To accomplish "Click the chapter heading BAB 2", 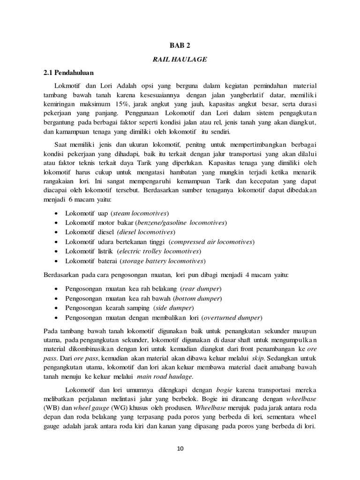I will (180, 45).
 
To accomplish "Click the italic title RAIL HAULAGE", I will (180, 60).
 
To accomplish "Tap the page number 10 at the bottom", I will (180, 448).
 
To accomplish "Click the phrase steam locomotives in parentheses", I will (140, 213).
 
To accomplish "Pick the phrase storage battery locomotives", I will (163, 261).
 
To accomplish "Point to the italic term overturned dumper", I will (231, 317).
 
